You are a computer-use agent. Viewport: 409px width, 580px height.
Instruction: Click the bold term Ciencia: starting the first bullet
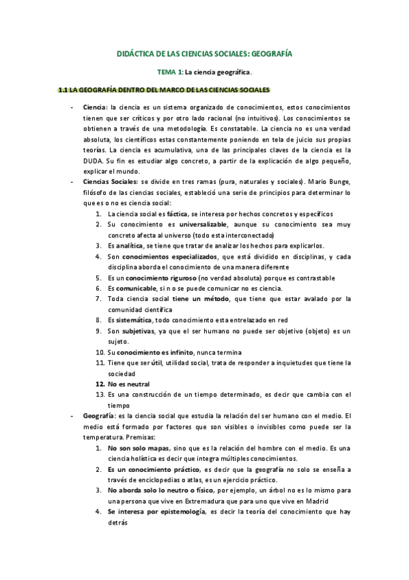pos(95,108)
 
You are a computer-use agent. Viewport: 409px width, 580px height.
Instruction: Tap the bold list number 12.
pos(100,384)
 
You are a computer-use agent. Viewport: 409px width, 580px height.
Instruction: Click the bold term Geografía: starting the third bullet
pos(98,416)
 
